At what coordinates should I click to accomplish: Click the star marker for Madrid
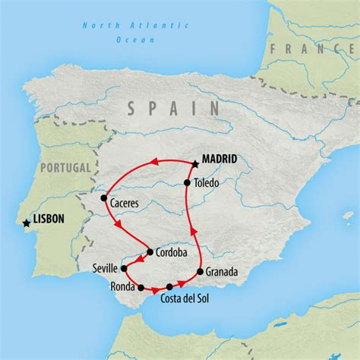point(195,163)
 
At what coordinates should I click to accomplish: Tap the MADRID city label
point(219,160)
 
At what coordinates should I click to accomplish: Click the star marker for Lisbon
point(27,223)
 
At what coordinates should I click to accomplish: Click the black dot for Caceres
point(104,199)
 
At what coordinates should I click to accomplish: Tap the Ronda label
point(123,287)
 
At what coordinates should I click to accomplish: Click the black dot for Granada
point(201,271)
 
